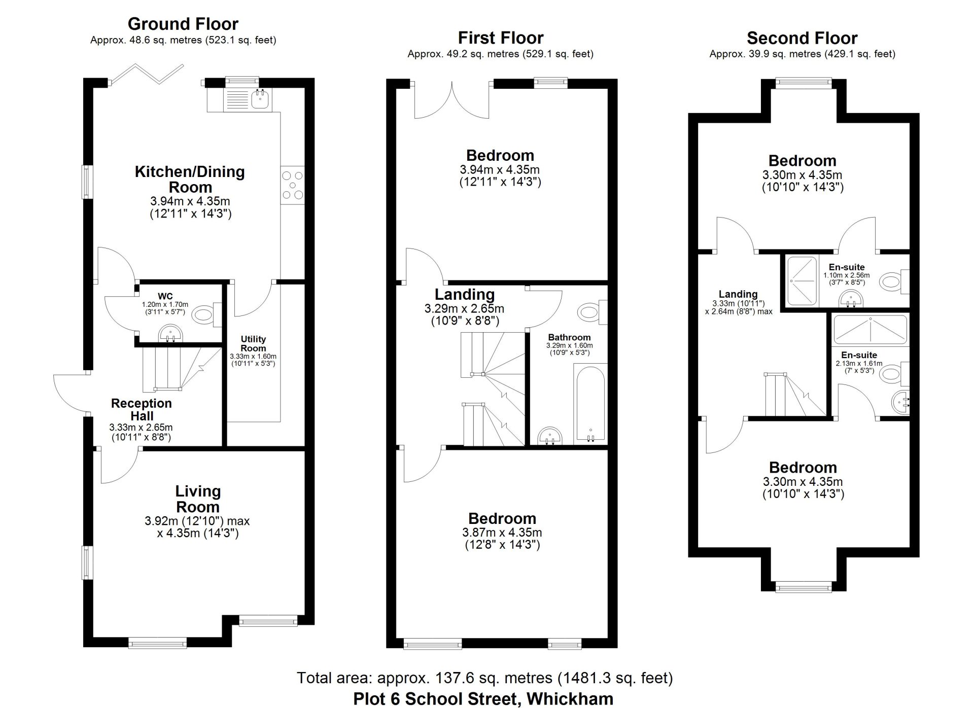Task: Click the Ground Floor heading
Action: point(183,24)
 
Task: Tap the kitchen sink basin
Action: point(262,98)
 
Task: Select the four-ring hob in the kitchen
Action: point(293,185)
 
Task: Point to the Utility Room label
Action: point(253,343)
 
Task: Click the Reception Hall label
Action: point(142,410)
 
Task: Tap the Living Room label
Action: point(198,499)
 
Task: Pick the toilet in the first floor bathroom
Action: point(593,312)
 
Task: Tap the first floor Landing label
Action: point(465,294)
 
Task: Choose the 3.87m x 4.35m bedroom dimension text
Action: point(502,533)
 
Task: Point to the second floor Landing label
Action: point(738,294)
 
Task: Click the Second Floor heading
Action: point(802,38)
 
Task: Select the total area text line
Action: point(485,678)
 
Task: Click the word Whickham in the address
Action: point(570,699)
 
